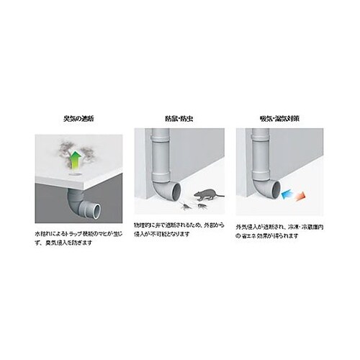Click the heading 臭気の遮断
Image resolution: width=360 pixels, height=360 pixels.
(x=78, y=118)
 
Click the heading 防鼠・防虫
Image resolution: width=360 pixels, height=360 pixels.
(x=179, y=118)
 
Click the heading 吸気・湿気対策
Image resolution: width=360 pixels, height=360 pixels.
(x=279, y=118)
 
